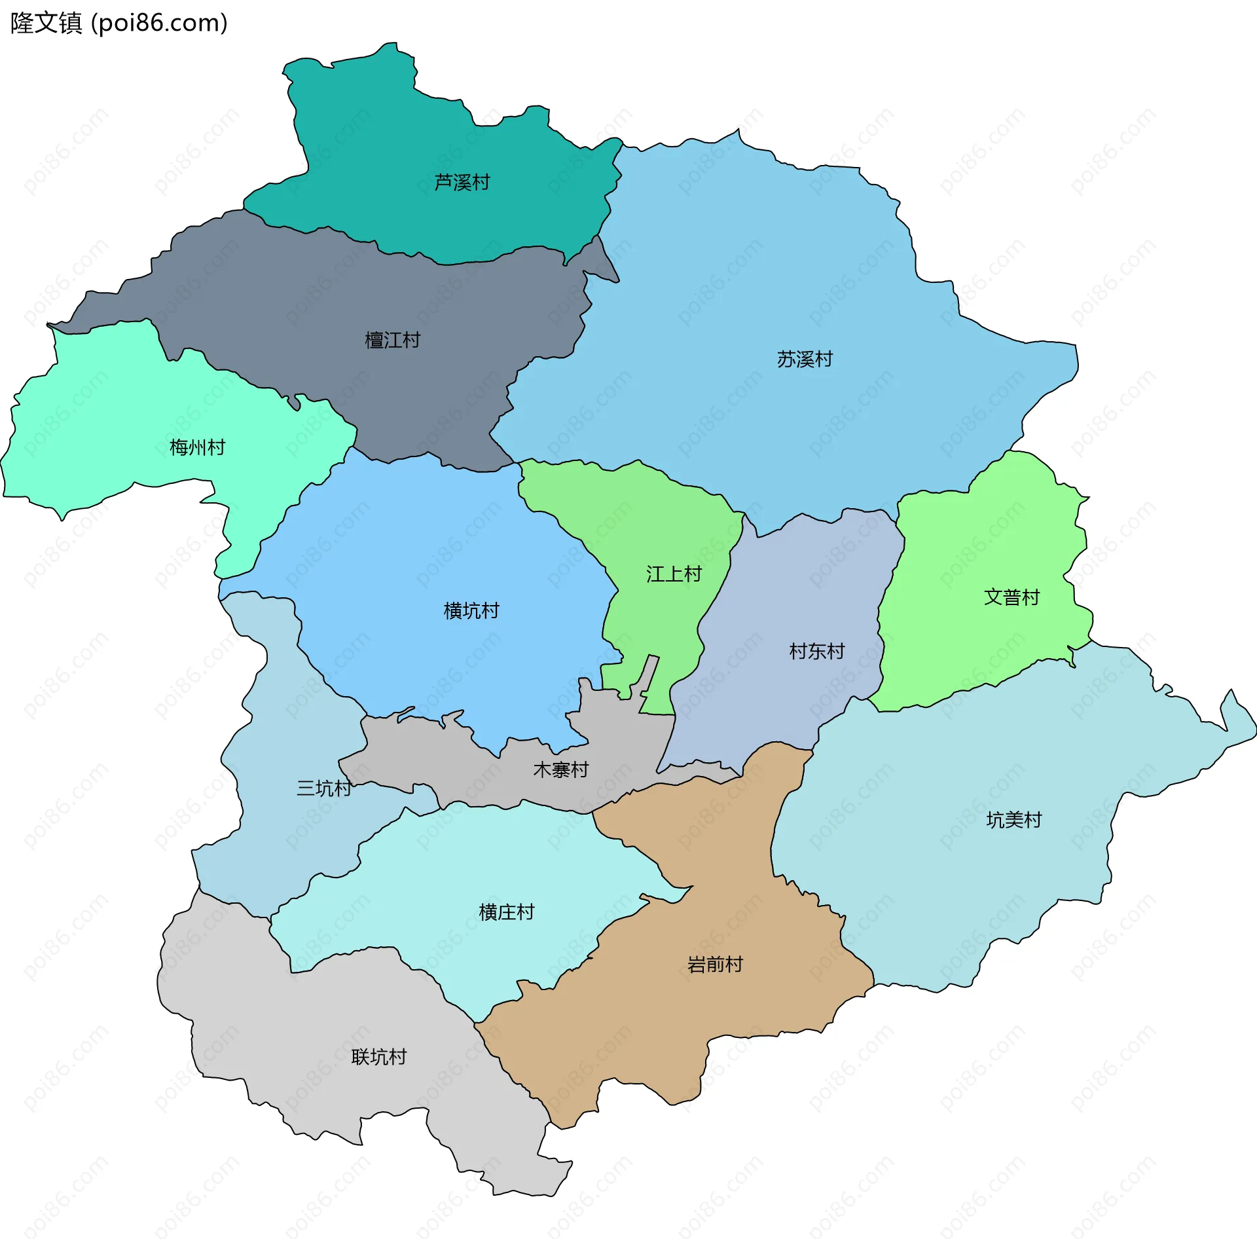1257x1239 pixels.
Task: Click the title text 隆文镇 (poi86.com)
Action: coord(118,23)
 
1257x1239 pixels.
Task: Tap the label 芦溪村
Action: coord(462,182)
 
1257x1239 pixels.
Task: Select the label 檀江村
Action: coord(392,340)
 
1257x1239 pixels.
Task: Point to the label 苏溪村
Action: coord(805,359)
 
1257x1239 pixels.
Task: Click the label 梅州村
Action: coord(197,447)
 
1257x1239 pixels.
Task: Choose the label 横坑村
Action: coord(471,610)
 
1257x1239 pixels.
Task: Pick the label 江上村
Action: coord(674,574)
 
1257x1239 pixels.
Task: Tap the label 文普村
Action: coord(1011,597)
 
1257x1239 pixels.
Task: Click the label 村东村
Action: coord(816,651)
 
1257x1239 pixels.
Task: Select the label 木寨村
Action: coord(560,769)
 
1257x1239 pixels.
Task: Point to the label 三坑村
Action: coord(324,788)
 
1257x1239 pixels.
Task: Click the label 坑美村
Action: coord(1013,819)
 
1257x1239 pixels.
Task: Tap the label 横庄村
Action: coord(506,912)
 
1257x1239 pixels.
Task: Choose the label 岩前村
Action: coord(715,964)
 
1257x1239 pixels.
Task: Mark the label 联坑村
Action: coord(378,1056)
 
